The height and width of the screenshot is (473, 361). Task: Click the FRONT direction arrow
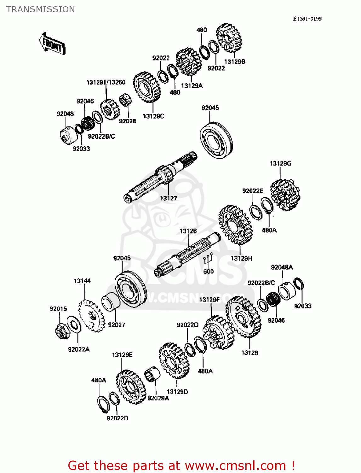coord(52,44)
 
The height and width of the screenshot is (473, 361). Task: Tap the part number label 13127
coord(168,198)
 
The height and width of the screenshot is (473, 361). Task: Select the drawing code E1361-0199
coord(307,19)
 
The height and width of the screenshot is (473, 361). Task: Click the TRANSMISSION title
coord(41,9)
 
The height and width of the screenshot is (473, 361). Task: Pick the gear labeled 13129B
coord(230,38)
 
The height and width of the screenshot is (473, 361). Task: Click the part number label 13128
coord(188,231)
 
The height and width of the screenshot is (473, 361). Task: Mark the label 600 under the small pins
coord(208,272)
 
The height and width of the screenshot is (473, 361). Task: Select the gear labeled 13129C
coord(147,87)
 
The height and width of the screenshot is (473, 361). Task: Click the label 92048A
coord(282,267)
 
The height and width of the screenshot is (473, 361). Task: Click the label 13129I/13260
coord(106,82)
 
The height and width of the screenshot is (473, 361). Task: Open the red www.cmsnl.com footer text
coord(181,465)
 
